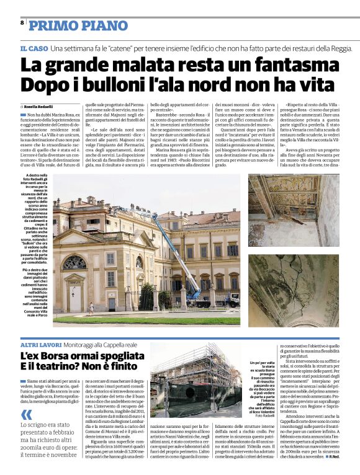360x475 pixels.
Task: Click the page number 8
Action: click(22, 22)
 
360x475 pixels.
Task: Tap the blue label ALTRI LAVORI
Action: click(40, 344)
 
